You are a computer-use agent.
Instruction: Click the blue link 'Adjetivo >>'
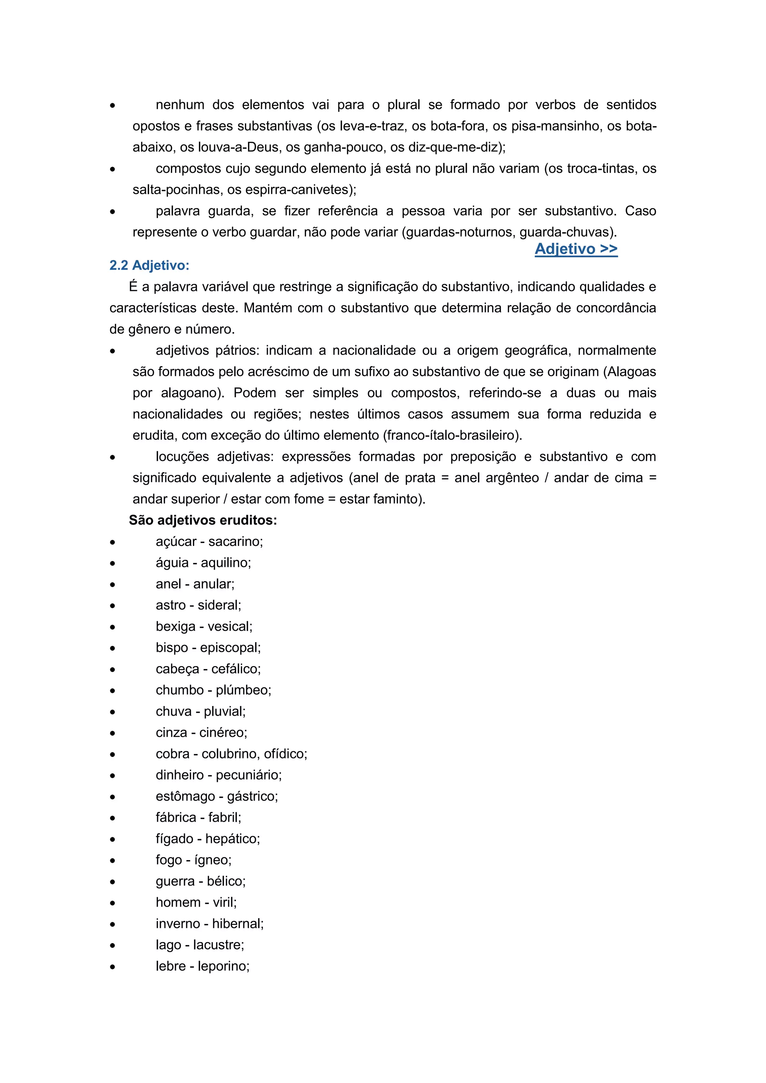tap(576, 249)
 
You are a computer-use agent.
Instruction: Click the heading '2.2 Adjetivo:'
tap(149, 266)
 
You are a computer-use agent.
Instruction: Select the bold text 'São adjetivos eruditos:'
tap(203, 520)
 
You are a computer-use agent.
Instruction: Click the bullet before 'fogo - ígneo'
tap(112, 861)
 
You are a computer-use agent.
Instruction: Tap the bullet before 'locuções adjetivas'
tap(112, 457)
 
